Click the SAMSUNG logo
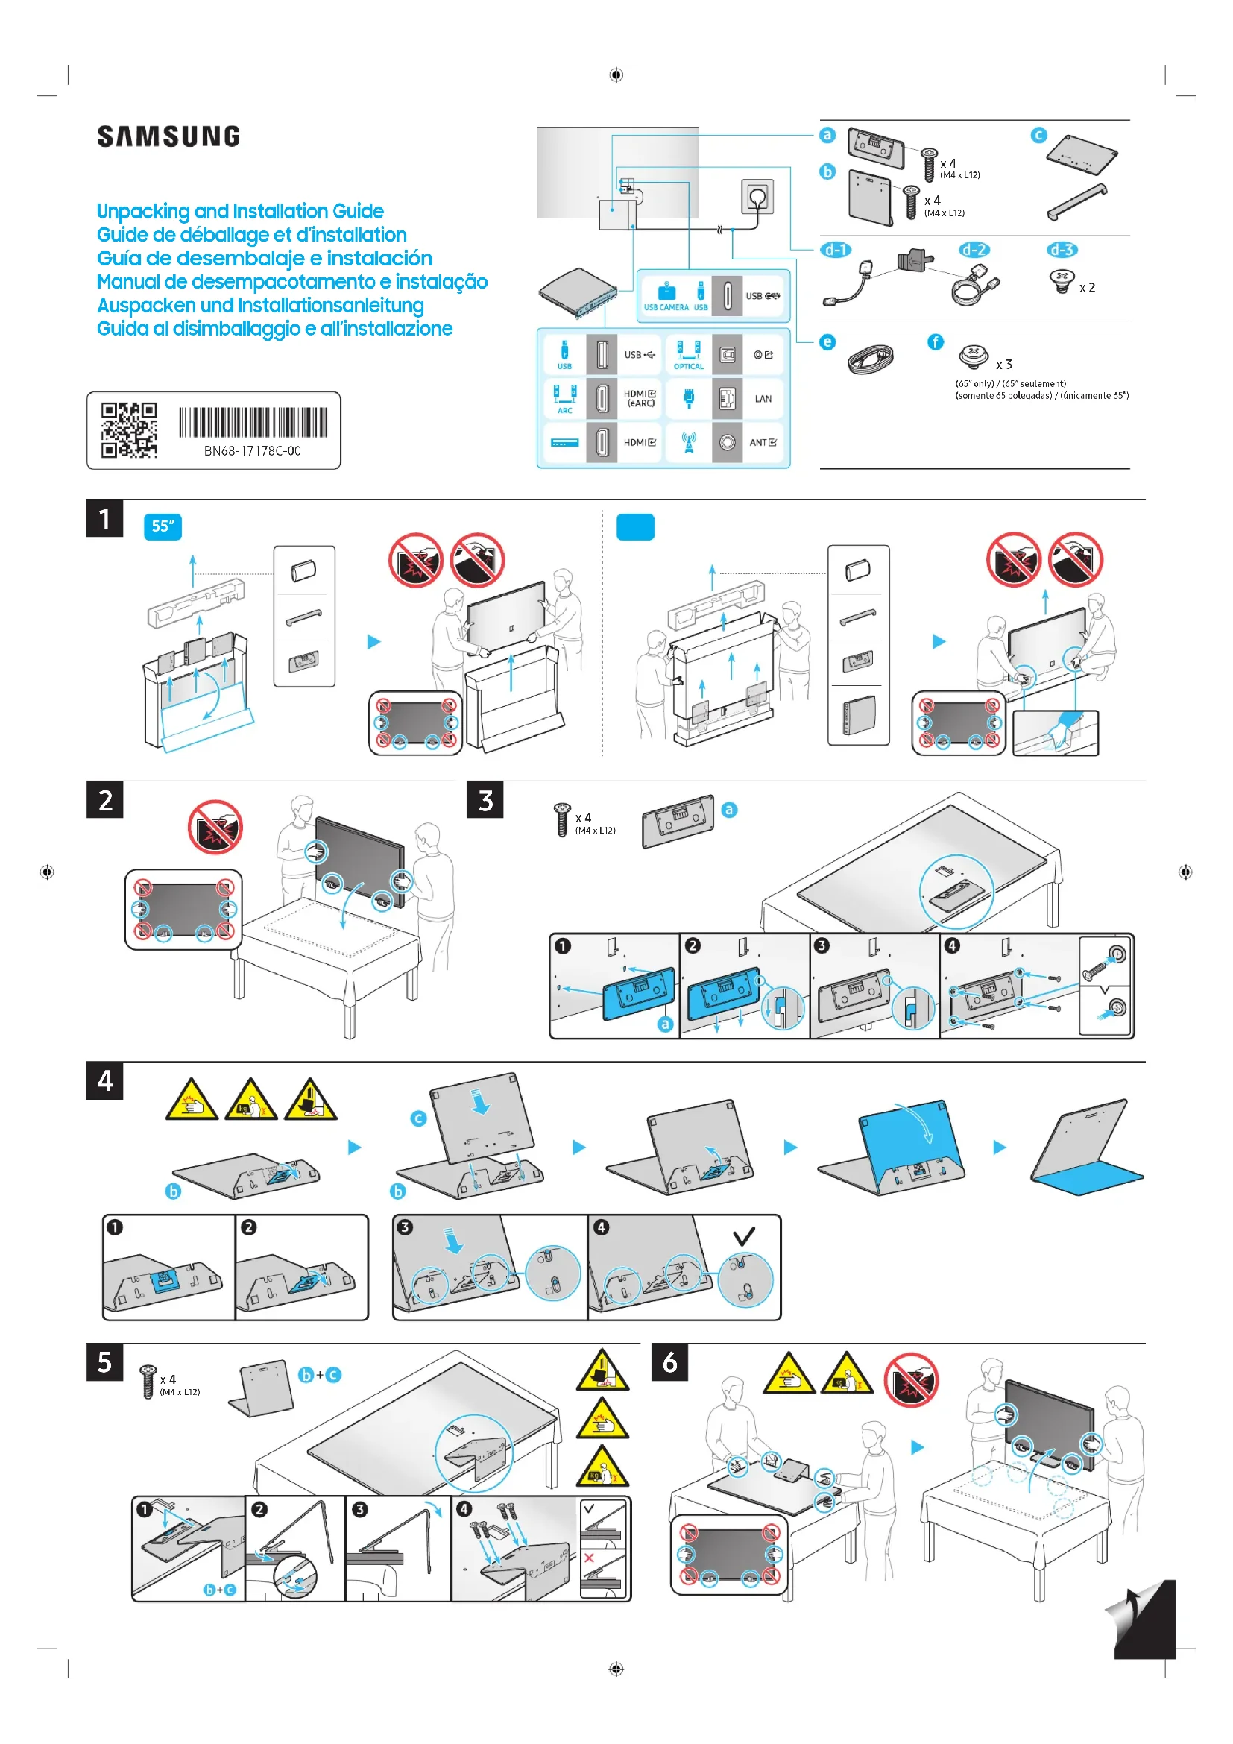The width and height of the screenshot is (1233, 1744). [x=168, y=136]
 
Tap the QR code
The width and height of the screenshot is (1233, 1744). [x=129, y=430]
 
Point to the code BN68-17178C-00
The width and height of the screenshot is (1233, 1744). [x=252, y=450]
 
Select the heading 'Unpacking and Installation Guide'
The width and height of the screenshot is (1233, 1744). [x=240, y=211]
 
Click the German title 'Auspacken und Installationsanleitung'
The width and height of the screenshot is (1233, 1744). [x=260, y=306]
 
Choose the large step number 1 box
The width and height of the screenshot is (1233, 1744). [x=105, y=519]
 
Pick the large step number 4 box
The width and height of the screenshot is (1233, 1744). [x=105, y=1081]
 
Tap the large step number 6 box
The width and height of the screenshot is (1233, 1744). [x=669, y=1363]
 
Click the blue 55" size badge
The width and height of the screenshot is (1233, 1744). [x=163, y=526]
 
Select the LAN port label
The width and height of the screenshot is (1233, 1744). [x=763, y=399]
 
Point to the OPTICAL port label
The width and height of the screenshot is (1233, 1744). [x=689, y=366]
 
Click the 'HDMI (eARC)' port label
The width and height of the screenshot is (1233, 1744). [x=640, y=399]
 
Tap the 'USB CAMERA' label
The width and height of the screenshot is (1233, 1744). [x=666, y=308]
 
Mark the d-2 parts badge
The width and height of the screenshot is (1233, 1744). [x=974, y=250]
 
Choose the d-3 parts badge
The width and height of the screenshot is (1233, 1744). [x=1062, y=250]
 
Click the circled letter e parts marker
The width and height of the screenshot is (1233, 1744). [x=827, y=342]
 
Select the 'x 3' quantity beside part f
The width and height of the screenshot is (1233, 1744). [x=1003, y=365]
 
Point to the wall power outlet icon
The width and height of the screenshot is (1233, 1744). [x=757, y=197]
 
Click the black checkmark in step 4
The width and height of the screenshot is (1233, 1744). [x=744, y=1235]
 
